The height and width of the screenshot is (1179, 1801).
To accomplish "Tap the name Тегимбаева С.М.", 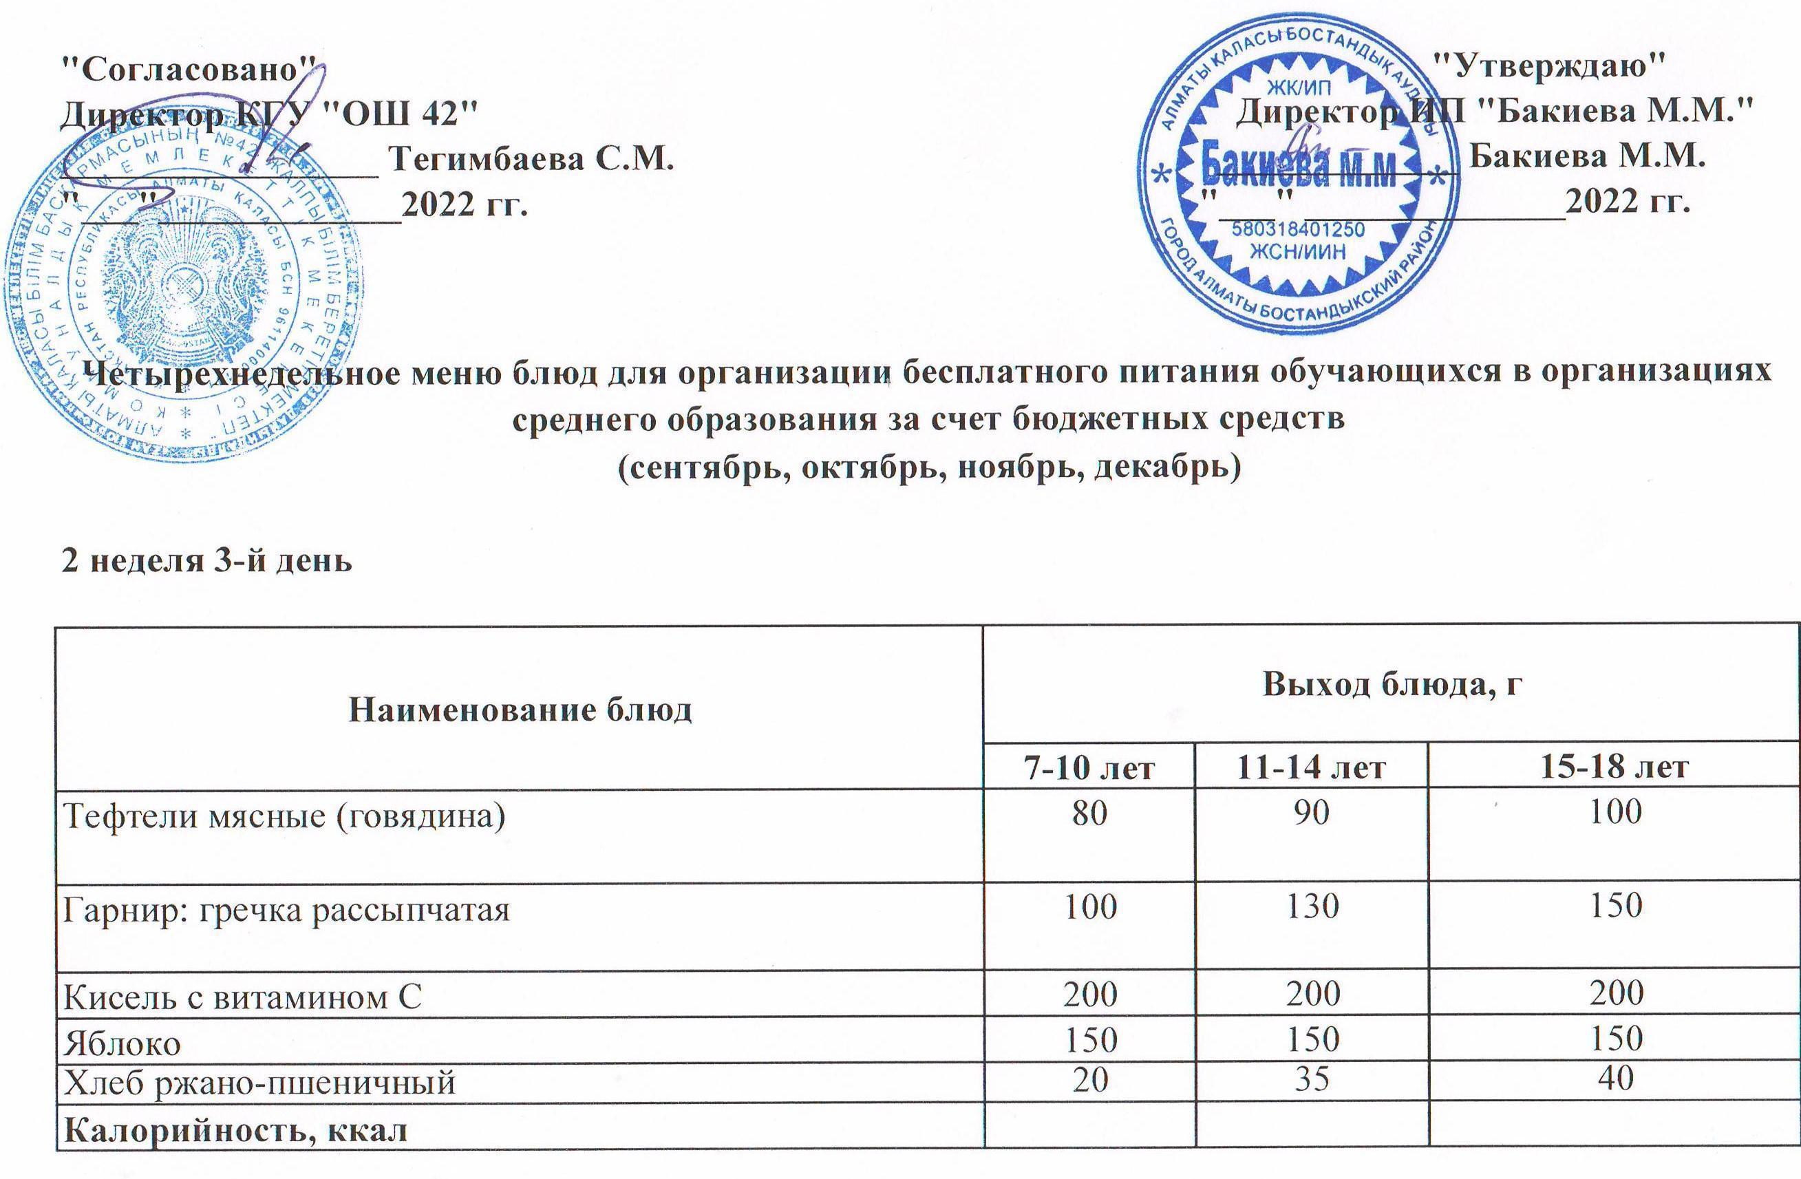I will [x=530, y=160].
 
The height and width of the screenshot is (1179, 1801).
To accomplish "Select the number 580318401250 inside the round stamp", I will [x=1298, y=230].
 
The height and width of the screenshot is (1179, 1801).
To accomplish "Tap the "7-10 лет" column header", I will [x=1090, y=768].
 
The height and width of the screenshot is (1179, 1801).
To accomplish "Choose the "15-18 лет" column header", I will [x=1613, y=768].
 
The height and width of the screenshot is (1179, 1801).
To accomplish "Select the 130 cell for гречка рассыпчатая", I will [x=1312, y=905].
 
